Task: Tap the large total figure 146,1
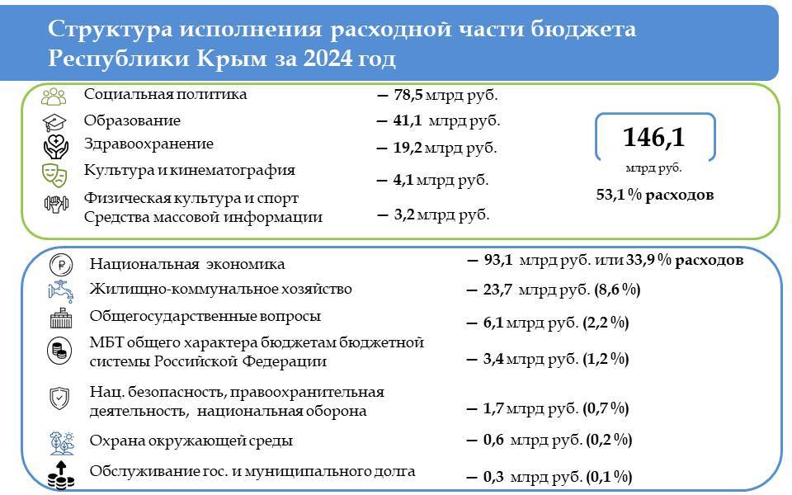click(653, 138)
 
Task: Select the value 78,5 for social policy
click(408, 94)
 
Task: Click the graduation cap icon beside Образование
click(54, 122)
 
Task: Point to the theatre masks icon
click(54, 175)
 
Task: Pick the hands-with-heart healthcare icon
click(55, 147)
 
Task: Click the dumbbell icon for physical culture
click(56, 204)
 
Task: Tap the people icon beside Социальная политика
click(54, 97)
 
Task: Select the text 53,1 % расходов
click(654, 195)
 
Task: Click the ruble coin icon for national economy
click(61, 265)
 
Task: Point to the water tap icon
click(60, 291)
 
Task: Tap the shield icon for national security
click(59, 398)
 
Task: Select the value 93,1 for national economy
click(498, 260)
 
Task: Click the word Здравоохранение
click(148, 144)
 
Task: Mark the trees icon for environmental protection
click(62, 444)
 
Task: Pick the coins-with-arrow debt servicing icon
click(60, 475)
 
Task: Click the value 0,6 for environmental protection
click(493, 440)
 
